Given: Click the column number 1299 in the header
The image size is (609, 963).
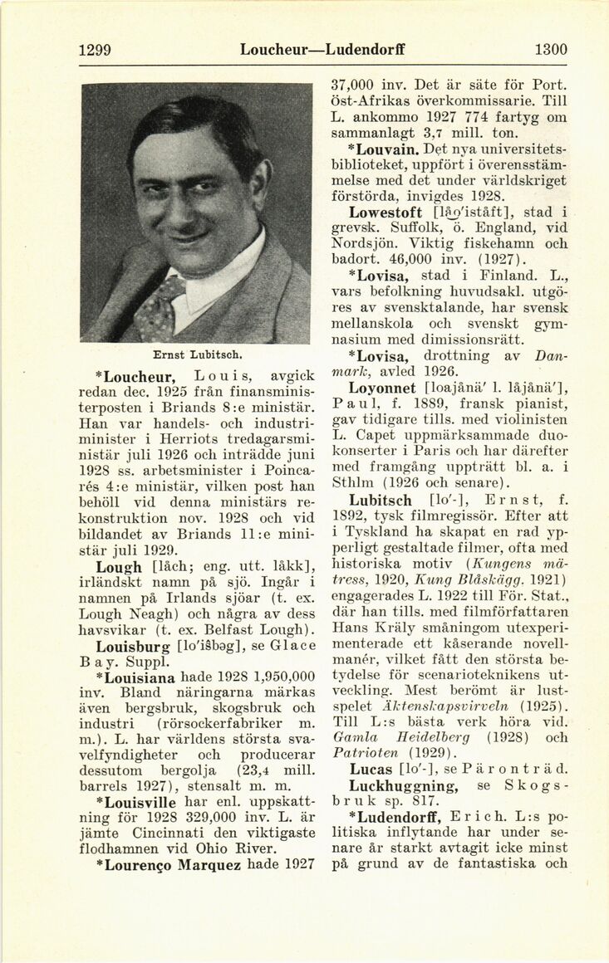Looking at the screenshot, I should [x=95, y=50].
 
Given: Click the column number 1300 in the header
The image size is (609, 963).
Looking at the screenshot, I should [x=551, y=50].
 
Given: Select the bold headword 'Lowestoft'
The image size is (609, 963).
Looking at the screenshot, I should [x=391, y=212].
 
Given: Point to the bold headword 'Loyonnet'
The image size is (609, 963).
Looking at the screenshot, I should [x=384, y=388].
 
